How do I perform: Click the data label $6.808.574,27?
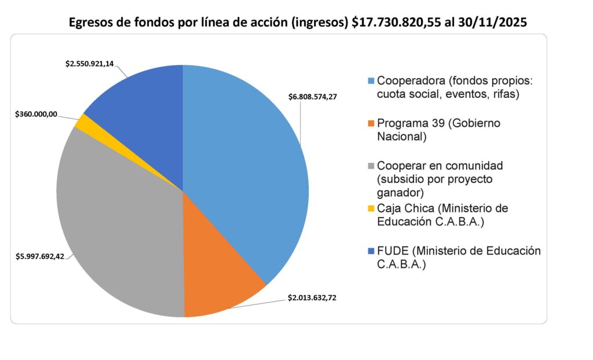pyautogui.click(x=313, y=97)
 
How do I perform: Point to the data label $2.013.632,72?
pyautogui.click(x=312, y=298)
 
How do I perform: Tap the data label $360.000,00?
pyautogui.click(x=36, y=115)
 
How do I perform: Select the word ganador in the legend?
pyautogui.click(x=399, y=192)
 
